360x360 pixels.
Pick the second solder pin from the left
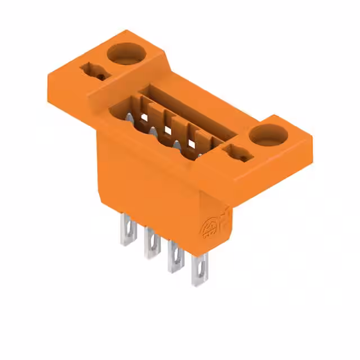152,243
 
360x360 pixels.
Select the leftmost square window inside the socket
145,117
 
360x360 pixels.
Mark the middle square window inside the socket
167,130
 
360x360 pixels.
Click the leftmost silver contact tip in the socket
129,119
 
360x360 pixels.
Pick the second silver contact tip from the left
152,132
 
